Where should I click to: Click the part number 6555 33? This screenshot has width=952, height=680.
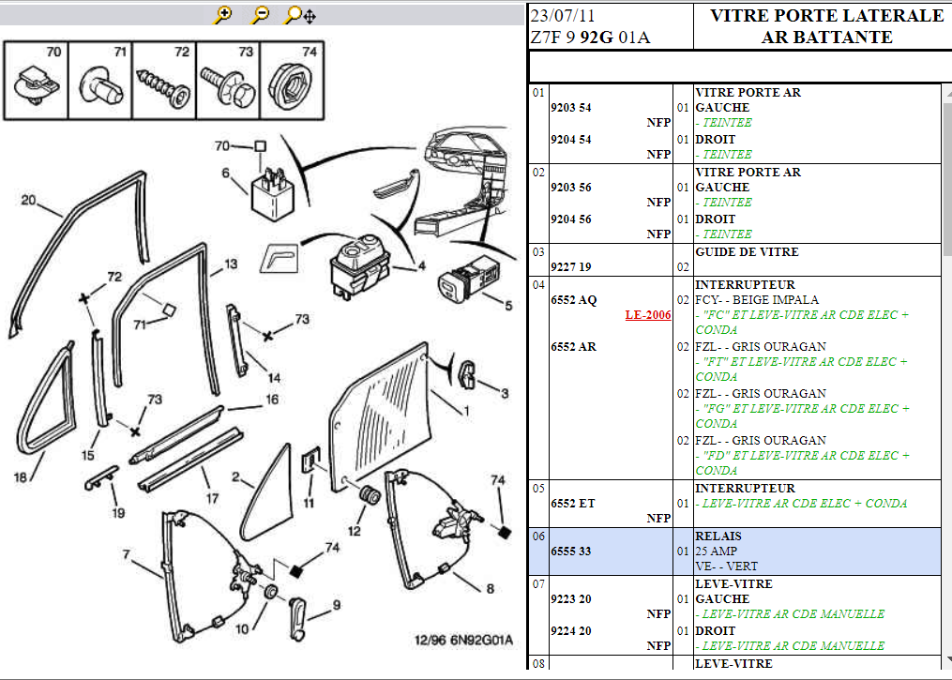[x=571, y=552]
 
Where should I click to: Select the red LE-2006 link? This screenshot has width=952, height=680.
[x=648, y=315]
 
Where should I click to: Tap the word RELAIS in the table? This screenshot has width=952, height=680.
[x=718, y=536]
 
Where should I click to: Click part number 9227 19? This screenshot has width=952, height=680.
[x=571, y=267]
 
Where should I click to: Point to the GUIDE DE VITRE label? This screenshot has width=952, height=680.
[x=747, y=252]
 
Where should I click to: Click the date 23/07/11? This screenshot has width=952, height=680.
[x=563, y=17]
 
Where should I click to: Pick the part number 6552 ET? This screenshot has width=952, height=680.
[x=572, y=504]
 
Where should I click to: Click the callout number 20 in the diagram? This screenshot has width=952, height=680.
[x=28, y=200]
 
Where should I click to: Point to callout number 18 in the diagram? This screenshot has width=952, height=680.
[x=20, y=477]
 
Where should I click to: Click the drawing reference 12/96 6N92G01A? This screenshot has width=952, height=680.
[x=463, y=641]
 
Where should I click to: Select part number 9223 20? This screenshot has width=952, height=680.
[x=571, y=599]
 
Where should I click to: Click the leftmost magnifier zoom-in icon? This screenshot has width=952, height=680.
[x=223, y=15]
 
